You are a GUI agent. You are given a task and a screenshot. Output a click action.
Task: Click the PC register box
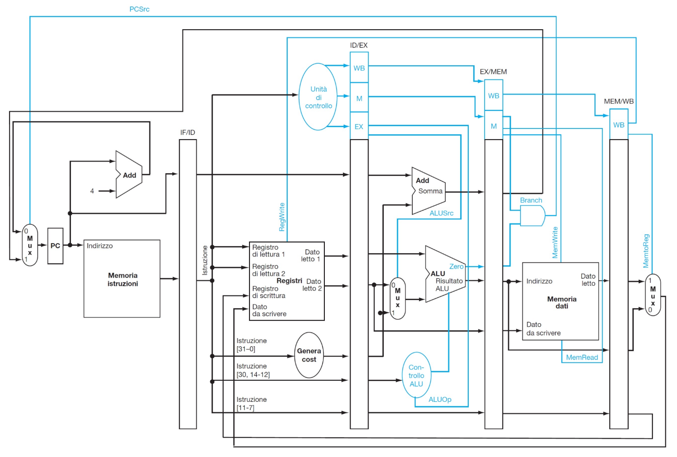coord(55,246)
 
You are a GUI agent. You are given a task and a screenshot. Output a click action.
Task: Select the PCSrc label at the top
coord(139,10)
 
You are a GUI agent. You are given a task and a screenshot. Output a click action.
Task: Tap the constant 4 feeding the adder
coord(92,191)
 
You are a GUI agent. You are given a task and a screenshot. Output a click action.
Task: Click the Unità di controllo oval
coord(318,97)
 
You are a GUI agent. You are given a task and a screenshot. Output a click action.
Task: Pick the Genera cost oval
coord(309,355)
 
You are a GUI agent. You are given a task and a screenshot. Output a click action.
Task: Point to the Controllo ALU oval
coord(416,375)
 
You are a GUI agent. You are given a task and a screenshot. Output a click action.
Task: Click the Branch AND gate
coord(533,216)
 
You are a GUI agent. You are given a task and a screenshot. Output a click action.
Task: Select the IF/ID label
coord(188,132)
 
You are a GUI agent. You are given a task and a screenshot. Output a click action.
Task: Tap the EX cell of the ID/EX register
coord(359,126)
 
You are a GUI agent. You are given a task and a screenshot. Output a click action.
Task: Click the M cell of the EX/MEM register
coord(494,126)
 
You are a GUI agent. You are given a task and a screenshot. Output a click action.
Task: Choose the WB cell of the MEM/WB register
coord(618,125)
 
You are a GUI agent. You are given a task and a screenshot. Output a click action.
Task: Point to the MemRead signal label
coord(582,357)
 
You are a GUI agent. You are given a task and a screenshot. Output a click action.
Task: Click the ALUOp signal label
coord(440,399)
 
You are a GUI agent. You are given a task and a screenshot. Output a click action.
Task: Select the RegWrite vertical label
coord(282,217)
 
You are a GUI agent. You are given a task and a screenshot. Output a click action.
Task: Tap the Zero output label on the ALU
coord(456,267)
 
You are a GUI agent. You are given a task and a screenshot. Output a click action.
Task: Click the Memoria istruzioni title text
coord(123,280)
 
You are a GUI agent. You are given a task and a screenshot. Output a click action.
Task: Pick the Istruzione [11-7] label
coord(251,404)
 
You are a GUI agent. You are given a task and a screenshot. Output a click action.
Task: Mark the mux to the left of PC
coord(30,245)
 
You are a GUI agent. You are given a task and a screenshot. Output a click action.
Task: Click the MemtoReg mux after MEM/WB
coord(653,295)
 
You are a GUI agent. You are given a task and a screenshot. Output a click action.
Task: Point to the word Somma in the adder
coord(430,191)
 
